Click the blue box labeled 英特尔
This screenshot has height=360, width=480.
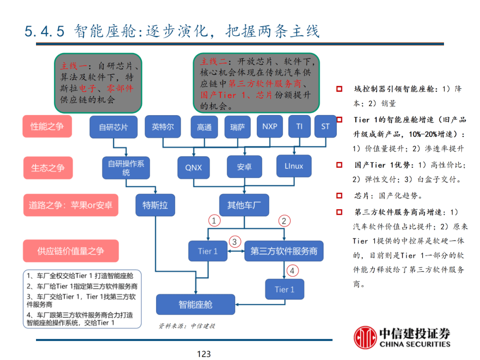coord(163,127)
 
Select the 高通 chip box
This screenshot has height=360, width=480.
coord(204,127)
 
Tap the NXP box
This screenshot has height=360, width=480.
coord(269,126)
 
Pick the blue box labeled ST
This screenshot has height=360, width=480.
coord(325,126)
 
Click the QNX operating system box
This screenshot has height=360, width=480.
coord(193,167)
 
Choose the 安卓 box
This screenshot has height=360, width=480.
coord(244,167)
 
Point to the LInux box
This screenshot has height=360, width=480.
coord(294,166)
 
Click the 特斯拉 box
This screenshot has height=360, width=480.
coord(155,205)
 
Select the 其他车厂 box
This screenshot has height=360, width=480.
coord(244,205)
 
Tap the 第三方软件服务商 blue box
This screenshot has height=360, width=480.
coord(284,251)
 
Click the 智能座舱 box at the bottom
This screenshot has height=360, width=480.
coord(196,304)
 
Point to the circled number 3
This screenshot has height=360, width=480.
coord(235,242)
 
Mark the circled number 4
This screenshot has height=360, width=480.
coord(292,270)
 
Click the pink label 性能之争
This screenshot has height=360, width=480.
coord(47,126)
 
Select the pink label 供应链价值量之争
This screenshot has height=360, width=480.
coord(71,251)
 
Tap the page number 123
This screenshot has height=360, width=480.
coord(204,354)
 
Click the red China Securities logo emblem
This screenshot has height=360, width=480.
coord(365,338)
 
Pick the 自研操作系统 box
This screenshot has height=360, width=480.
coord(126,168)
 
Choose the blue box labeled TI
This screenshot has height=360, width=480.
coord(299,126)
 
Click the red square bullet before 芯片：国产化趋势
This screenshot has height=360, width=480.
coord(340,196)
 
